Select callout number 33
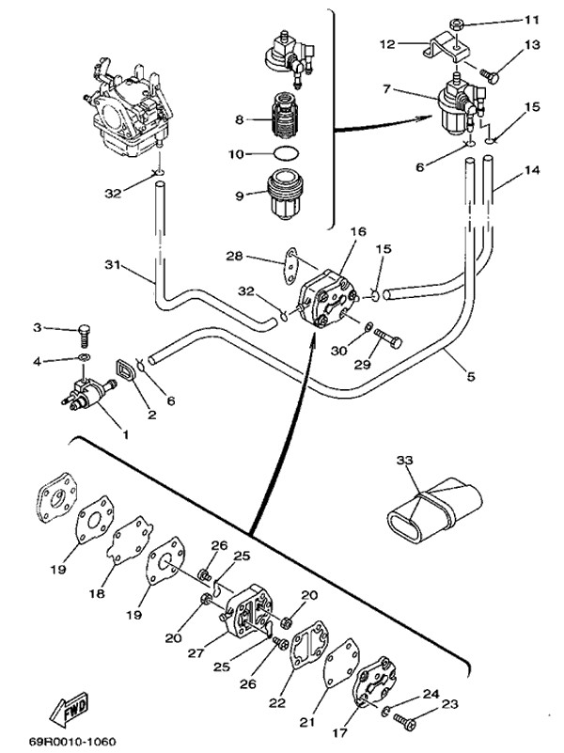(x=404, y=461)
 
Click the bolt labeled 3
(x=84, y=331)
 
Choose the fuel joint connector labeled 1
(x=90, y=394)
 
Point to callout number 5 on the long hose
(x=472, y=375)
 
